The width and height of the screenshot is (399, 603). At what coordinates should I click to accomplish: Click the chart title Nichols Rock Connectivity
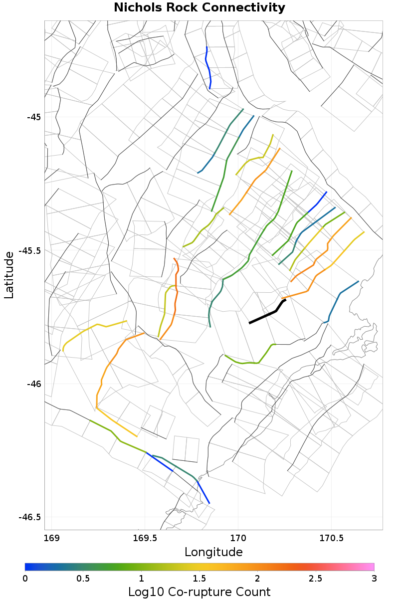point(199,8)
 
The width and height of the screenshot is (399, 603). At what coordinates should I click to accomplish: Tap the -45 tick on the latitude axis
point(34,117)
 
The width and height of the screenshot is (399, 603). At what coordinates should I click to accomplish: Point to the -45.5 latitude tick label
point(30,250)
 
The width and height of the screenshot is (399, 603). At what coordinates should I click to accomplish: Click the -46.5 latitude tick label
point(30,517)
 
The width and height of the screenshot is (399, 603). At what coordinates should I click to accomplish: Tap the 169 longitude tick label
point(52,538)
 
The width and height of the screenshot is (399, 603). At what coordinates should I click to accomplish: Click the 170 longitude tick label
point(238,538)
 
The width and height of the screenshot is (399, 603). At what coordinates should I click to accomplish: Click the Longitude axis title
point(213,552)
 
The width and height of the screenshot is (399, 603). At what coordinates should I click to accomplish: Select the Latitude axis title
point(9,275)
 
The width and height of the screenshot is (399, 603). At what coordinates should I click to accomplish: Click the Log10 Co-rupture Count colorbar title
point(199,592)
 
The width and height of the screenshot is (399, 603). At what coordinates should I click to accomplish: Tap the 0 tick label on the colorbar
point(25,578)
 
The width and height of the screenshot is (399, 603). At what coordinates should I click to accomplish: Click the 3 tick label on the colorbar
point(374,578)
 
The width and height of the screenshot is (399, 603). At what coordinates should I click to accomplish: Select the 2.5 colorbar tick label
point(316,578)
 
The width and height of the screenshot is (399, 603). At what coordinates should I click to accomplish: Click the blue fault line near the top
point(208,67)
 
